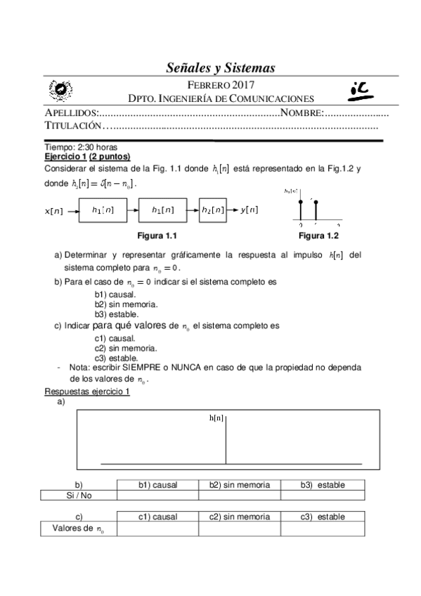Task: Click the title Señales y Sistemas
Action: pyautogui.click(x=219, y=67)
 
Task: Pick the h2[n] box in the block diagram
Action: pyautogui.click(x=212, y=209)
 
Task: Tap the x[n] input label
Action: pyautogui.click(x=55, y=210)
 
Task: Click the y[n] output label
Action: pyautogui.click(x=249, y=209)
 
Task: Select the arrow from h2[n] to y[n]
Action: pyautogui.click(x=233, y=209)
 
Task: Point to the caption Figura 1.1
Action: pyautogui.click(x=162, y=235)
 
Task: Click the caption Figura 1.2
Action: pyautogui.click(x=318, y=235)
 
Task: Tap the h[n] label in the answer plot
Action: pyautogui.click(x=216, y=418)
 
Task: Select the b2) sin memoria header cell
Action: pyautogui.click(x=239, y=485)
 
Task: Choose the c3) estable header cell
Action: pyautogui.click(x=323, y=517)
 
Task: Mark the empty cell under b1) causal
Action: pyautogui.click(x=157, y=495)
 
